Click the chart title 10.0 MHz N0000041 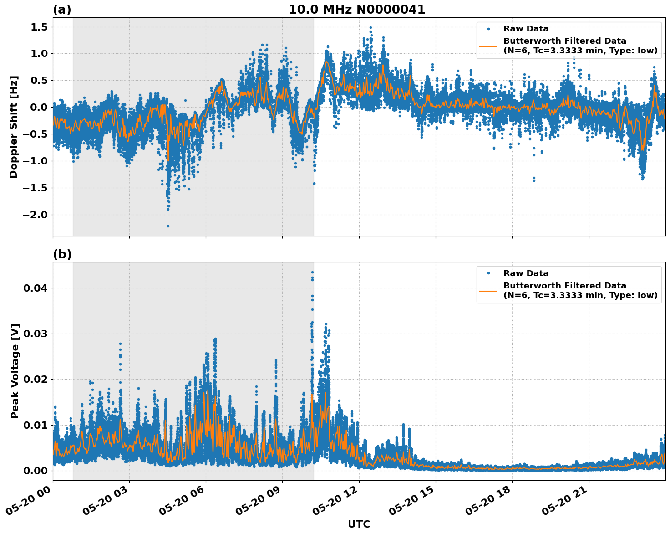coord(356,10)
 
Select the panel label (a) coord(62,10)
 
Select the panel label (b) coord(62,254)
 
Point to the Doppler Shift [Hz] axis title coord(14,127)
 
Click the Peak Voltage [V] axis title coord(15,371)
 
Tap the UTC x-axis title coord(359,524)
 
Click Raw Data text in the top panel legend coord(526,29)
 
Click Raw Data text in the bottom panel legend coord(526,273)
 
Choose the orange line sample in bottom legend coord(488,290)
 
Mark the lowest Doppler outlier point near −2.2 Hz coord(168,226)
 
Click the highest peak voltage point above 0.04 coord(312,272)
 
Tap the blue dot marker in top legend coord(488,29)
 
